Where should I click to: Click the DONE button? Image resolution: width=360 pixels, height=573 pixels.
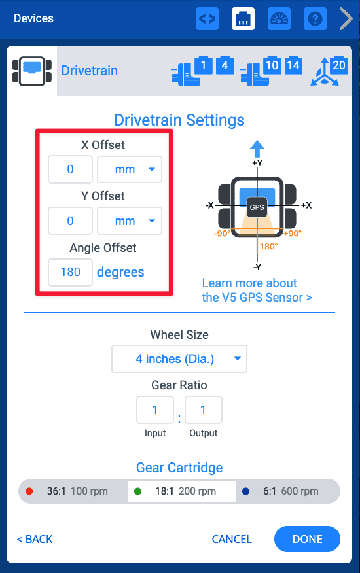[307, 539]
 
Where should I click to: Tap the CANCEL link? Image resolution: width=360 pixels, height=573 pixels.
[232, 539]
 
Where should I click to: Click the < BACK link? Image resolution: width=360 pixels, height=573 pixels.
[35, 539]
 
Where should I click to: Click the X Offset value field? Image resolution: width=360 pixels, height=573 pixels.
[70, 169]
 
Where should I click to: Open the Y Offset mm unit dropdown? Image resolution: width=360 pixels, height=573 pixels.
[129, 221]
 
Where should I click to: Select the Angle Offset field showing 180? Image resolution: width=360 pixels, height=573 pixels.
[70, 272]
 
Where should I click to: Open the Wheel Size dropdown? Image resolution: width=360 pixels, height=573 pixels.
[179, 358]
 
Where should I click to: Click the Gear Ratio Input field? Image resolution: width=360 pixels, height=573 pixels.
[155, 410]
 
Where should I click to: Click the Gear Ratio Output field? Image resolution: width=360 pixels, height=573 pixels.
[203, 410]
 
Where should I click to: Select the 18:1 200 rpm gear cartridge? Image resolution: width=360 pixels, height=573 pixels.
[181, 491]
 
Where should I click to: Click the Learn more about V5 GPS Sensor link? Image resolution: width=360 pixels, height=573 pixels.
[257, 290]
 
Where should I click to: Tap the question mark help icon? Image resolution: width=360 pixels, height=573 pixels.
[315, 19]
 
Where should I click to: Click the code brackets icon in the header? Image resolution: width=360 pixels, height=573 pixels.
[207, 19]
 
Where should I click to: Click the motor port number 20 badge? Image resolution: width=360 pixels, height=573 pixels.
[338, 65]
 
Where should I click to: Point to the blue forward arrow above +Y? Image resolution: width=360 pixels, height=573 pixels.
[257, 148]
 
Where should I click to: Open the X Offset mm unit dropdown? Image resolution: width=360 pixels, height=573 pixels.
[129, 169]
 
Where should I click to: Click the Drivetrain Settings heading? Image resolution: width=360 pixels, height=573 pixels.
[179, 120]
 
